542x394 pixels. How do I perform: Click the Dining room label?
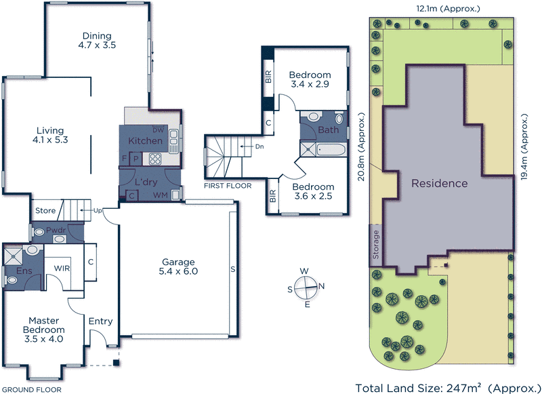click(97, 41)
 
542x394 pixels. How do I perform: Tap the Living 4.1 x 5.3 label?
click(51, 136)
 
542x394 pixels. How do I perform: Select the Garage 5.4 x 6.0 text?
click(178, 267)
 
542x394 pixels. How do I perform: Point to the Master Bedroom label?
click(45, 326)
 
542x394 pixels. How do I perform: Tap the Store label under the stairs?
click(45, 212)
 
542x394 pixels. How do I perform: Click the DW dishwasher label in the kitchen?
click(159, 130)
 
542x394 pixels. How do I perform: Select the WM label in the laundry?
click(161, 196)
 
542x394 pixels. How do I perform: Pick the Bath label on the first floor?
click(328, 130)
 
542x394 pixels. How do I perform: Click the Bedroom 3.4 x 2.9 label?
click(310, 80)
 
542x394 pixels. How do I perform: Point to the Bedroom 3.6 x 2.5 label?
click(313, 192)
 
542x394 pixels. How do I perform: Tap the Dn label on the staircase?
click(259, 146)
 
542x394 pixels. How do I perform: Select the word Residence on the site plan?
click(439, 183)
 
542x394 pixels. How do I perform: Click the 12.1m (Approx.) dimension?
click(449, 8)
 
